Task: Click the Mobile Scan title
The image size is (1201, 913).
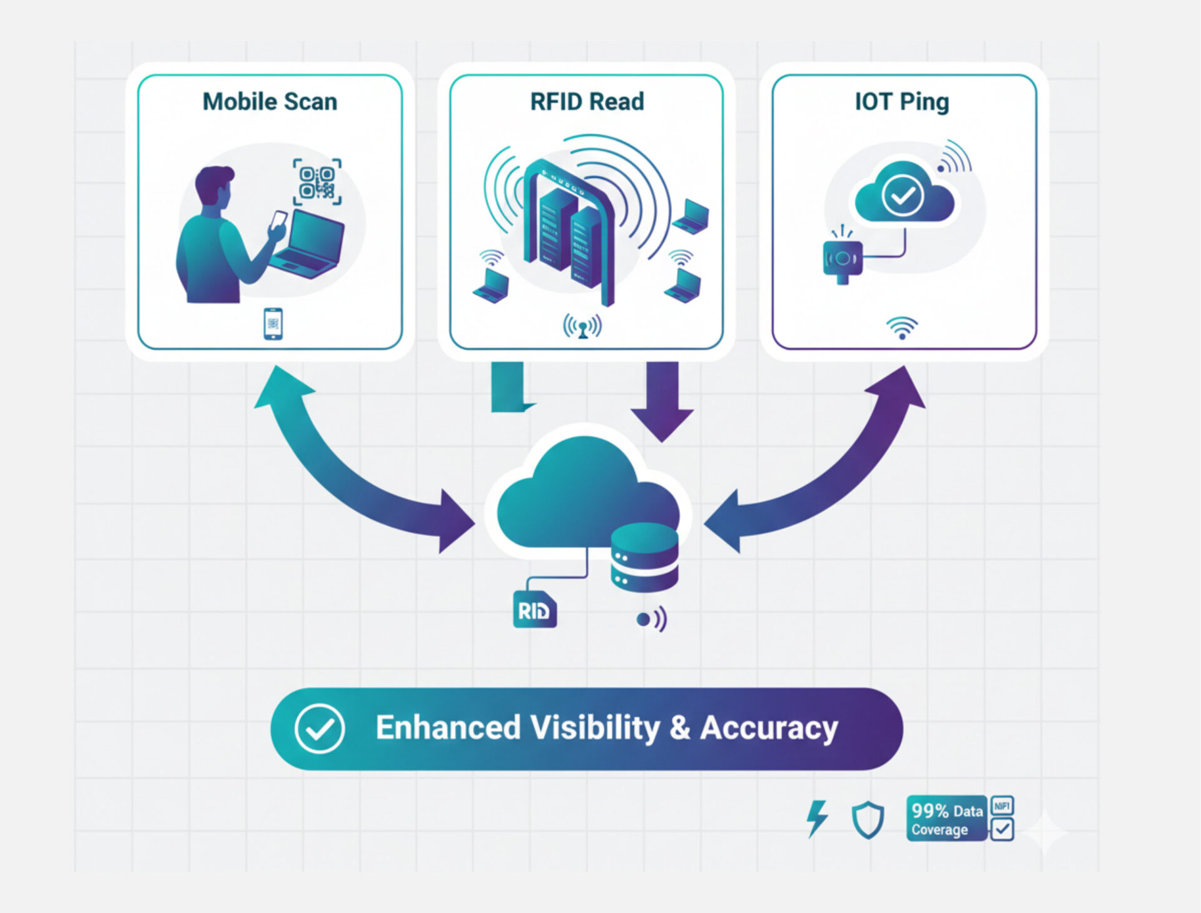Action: (x=270, y=102)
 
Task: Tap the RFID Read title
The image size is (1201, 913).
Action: (x=587, y=102)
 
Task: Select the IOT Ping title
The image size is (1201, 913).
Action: (x=901, y=102)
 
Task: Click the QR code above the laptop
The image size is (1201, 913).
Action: (x=317, y=182)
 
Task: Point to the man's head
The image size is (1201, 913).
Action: (x=214, y=186)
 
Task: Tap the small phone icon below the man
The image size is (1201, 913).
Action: (x=273, y=324)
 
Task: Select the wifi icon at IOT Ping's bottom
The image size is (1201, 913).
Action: (x=901, y=328)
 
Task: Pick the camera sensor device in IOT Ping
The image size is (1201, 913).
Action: (x=843, y=259)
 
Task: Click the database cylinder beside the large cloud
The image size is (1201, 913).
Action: (x=644, y=558)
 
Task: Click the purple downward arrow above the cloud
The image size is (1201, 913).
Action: (x=662, y=400)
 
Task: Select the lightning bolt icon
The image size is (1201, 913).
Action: (x=817, y=818)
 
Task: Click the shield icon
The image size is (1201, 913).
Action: (x=868, y=820)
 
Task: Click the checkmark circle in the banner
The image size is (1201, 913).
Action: (x=319, y=729)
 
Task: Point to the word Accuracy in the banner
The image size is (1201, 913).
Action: (x=769, y=729)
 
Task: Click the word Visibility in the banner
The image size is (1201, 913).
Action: (x=595, y=729)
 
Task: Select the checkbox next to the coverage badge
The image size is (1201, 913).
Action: (x=1002, y=830)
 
